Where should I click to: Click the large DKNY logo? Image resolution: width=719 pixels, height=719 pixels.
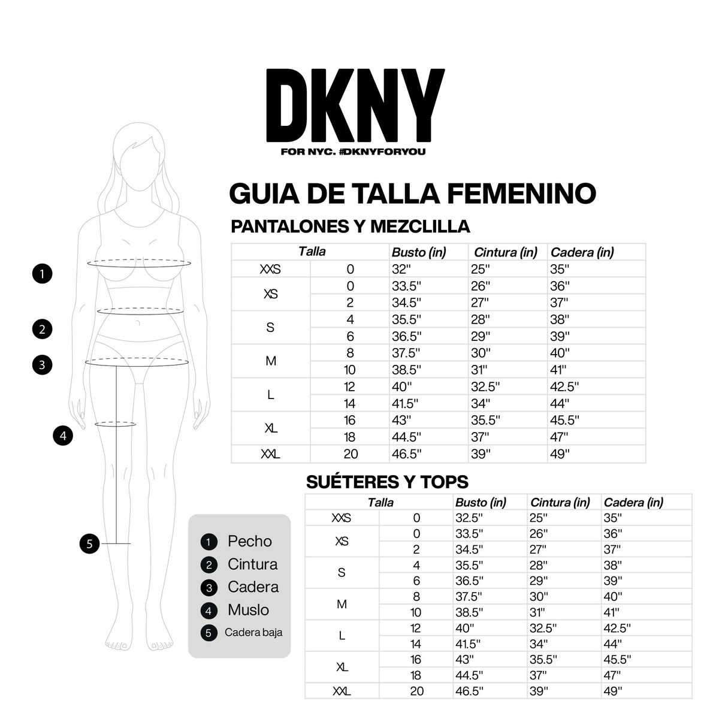click(355, 105)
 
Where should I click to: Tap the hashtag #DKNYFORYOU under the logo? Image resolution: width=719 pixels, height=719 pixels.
click(382, 152)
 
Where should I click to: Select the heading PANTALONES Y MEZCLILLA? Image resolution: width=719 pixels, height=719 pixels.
click(350, 226)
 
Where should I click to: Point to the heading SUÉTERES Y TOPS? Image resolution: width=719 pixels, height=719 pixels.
click(387, 482)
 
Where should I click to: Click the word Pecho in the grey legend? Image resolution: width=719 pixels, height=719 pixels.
click(249, 541)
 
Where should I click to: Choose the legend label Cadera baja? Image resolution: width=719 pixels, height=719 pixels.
click(253, 632)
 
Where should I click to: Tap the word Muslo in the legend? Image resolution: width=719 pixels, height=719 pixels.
click(248, 610)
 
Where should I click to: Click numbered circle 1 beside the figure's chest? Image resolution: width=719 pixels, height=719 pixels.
click(42, 274)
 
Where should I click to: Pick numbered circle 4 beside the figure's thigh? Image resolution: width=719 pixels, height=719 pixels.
click(63, 435)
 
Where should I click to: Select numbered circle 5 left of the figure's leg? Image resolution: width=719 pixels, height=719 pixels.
click(89, 544)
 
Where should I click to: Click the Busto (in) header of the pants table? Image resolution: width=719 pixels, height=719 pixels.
click(419, 252)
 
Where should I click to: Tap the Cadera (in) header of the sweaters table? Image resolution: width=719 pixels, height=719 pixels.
click(633, 503)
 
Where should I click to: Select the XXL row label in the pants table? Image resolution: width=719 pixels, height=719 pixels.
click(271, 454)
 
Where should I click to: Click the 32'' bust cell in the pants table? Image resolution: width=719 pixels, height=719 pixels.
click(401, 269)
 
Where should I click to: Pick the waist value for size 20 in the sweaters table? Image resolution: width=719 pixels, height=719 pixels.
click(539, 691)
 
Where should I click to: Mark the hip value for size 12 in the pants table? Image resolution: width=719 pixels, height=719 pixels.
click(564, 386)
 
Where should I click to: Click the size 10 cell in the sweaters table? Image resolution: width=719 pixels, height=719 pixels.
click(416, 612)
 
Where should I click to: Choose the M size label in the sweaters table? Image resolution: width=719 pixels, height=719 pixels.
click(342, 604)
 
